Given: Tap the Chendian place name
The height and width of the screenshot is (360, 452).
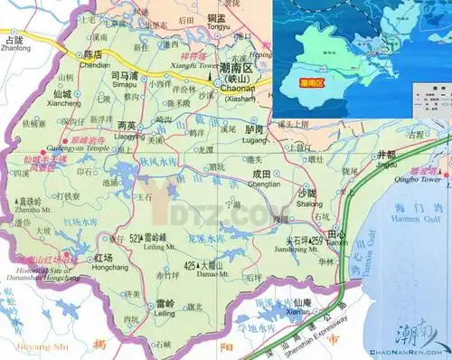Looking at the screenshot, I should tap(95, 66).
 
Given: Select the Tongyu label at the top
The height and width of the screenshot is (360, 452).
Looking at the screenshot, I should tap(217, 27).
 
